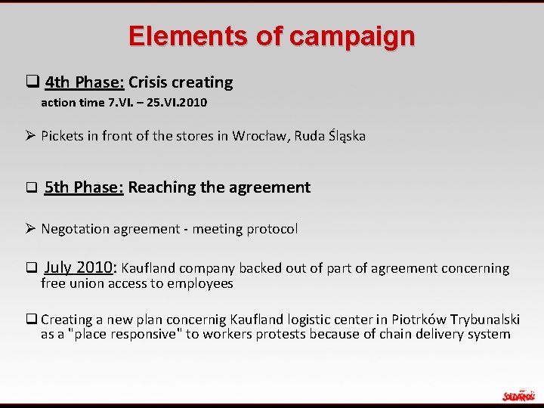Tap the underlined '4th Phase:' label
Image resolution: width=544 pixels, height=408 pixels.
click(85, 82)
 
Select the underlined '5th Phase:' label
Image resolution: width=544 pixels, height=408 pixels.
click(84, 187)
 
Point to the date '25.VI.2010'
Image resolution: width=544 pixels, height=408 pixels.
click(175, 102)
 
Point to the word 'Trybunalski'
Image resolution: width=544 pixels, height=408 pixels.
click(484, 320)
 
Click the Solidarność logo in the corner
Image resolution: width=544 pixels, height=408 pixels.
click(518, 394)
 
